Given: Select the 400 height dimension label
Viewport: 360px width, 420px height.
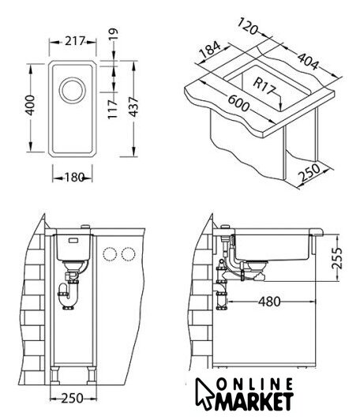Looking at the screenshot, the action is point(29,105).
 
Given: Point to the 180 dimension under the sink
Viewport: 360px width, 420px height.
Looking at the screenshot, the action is point(74,177).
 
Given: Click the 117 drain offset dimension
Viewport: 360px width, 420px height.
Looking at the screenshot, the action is point(113,109).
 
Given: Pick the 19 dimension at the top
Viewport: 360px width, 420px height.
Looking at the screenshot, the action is point(114,34).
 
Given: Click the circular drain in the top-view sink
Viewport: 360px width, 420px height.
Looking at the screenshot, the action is point(73,90).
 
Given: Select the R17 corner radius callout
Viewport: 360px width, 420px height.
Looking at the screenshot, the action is point(264,86).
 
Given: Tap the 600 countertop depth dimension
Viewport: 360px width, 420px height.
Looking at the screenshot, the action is point(238,103).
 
